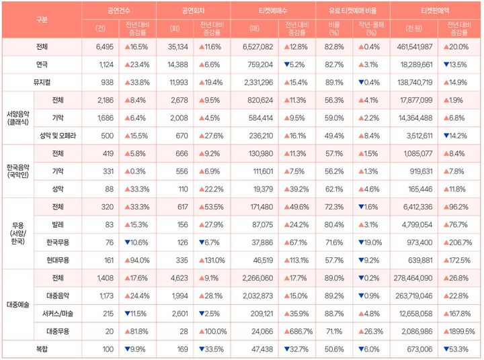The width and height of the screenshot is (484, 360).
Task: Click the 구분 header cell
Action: coord(42,19)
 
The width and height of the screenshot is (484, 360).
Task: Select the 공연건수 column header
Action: coord(119,11)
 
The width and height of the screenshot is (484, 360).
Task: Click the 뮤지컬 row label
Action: coord(42,81)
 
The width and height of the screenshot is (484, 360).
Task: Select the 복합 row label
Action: coord(42,349)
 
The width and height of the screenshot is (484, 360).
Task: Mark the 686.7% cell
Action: coord(296,331)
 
